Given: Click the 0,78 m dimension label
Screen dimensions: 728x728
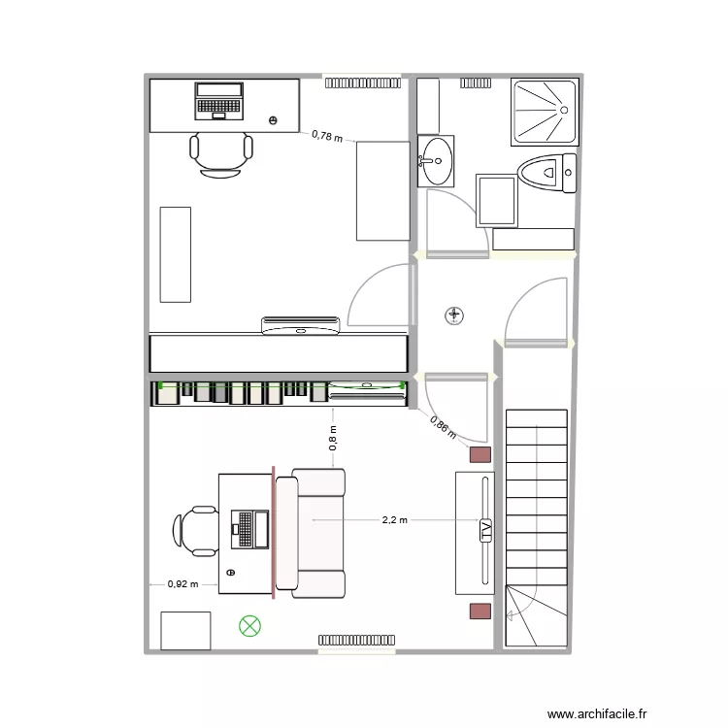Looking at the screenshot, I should point(327,137).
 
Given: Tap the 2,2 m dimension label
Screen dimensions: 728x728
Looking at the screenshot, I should point(395,520).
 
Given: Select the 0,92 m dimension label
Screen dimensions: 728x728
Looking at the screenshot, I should point(182,584).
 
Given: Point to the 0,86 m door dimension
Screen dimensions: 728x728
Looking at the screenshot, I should point(443,428).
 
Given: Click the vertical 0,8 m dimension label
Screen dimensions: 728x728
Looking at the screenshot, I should point(333,438).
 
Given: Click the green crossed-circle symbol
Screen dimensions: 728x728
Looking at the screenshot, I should point(249,626).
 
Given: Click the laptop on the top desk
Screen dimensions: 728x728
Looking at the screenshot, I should point(219,100).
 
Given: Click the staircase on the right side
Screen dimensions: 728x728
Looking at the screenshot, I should point(536,524).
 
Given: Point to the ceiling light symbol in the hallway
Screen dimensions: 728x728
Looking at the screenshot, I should point(454,314).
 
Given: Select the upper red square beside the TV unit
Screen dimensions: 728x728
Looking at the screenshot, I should point(480,454).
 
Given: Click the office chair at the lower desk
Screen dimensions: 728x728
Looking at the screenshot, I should point(197,531).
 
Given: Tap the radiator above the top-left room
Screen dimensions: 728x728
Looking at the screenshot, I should point(362,83).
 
